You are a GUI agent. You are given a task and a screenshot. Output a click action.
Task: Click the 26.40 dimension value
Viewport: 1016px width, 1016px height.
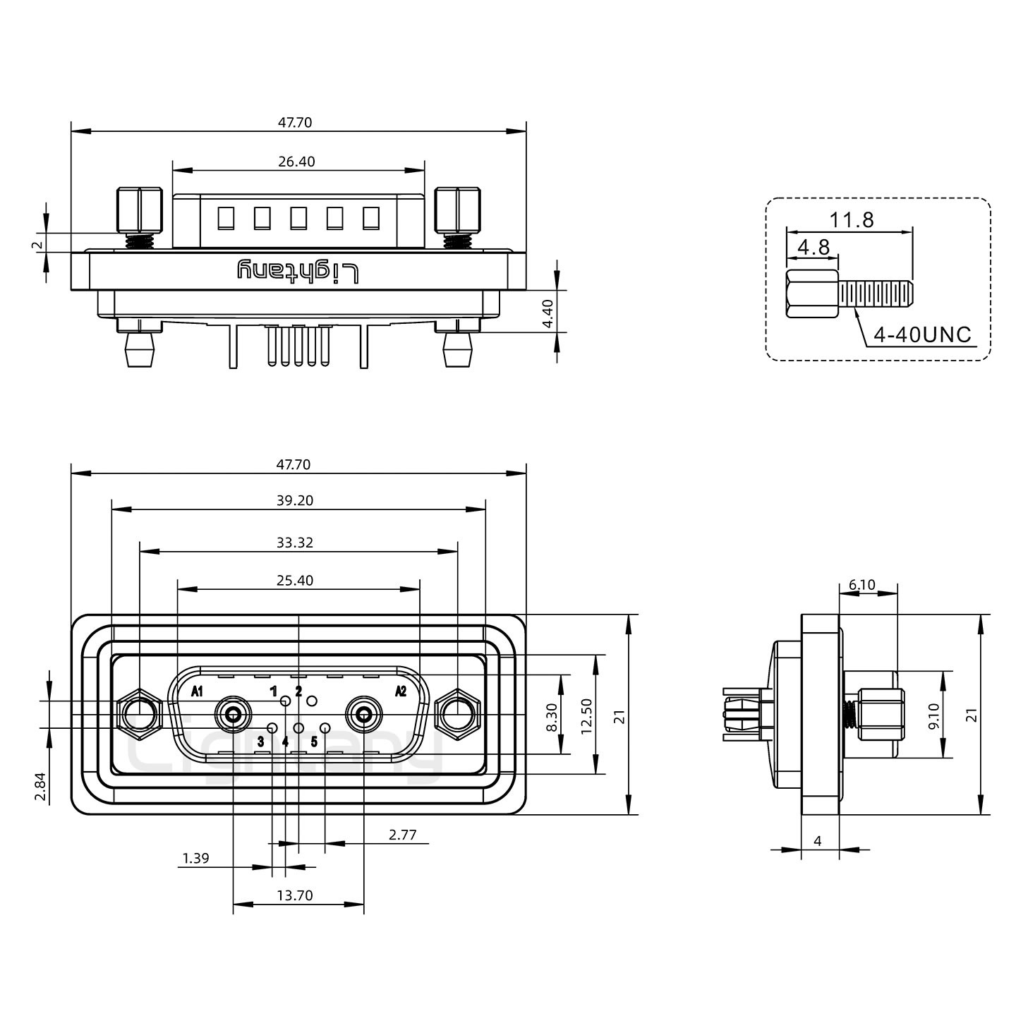coord(296,162)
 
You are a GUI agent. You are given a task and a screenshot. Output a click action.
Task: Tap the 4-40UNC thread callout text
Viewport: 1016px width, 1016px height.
coord(922,334)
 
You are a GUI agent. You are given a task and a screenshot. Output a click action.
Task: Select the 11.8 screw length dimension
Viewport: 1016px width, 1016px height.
coord(851,220)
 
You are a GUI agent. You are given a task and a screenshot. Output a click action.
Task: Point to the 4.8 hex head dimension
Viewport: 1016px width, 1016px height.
coord(813,247)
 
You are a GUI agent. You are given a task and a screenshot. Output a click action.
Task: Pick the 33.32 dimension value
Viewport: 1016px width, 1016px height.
coord(296,543)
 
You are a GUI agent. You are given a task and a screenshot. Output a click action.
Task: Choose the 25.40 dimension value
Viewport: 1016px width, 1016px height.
coord(296,581)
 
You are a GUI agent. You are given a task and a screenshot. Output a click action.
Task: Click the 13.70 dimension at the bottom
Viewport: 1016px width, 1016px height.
coord(295,895)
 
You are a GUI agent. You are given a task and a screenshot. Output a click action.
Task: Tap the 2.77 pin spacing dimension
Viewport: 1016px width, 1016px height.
coord(403,835)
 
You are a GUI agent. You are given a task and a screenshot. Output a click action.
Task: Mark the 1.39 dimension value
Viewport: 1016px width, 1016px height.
coord(195,858)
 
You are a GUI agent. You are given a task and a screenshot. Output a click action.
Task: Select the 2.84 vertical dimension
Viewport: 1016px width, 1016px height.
coord(41,787)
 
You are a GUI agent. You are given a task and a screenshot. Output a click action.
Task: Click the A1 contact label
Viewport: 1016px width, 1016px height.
coord(197,691)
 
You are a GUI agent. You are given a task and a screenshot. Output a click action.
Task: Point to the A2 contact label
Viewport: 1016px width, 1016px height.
coord(400,691)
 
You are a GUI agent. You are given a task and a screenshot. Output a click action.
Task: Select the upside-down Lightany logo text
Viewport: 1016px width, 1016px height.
coord(298,272)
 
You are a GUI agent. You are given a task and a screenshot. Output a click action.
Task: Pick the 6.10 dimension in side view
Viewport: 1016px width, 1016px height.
coord(861,584)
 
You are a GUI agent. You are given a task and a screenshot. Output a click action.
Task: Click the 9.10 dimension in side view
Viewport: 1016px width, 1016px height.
coord(933,715)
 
